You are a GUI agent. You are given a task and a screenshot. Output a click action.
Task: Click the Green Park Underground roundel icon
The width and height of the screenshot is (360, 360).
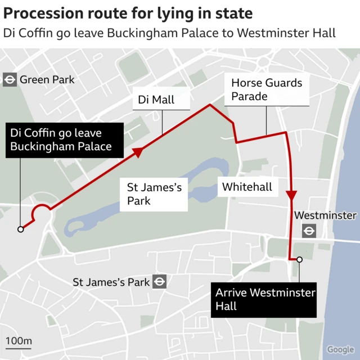(10, 79)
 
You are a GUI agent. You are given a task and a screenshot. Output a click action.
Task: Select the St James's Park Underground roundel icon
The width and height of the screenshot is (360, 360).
(160, 281)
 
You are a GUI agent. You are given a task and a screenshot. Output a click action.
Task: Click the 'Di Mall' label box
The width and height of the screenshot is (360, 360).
(156, 101)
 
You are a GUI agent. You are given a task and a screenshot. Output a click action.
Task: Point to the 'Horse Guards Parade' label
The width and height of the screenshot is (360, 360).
(267, 89)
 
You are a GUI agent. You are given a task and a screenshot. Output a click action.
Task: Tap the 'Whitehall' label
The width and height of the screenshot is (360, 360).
(247, 186)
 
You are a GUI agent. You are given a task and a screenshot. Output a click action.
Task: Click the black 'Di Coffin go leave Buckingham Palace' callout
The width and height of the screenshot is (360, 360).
(60, 141)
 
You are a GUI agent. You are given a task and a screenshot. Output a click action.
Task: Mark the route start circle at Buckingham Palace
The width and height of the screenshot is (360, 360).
(21, 229)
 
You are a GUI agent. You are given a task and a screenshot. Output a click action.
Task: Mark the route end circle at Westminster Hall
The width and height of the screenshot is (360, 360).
(300, 259)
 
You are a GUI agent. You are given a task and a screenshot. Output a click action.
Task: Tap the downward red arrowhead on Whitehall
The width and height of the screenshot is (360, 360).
(291, 195)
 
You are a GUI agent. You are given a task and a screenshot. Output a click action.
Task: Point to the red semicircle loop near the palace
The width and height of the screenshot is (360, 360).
(41, 211)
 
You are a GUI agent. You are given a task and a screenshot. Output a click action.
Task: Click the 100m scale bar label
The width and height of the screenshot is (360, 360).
(19, 341)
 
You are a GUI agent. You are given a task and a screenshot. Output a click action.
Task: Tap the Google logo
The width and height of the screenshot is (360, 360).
(340, 349)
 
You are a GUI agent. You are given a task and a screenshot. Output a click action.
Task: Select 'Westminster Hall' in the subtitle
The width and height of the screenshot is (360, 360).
(286, 33)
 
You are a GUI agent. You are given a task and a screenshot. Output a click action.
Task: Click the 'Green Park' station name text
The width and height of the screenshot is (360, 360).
(47, 79)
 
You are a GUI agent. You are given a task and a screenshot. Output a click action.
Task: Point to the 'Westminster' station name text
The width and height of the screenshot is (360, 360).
(325, 215)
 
